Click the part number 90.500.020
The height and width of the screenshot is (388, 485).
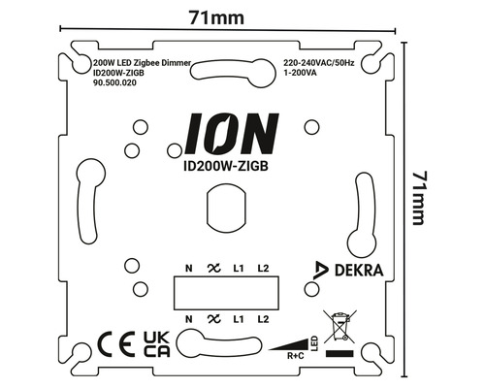107,84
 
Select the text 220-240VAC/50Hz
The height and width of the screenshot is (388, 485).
319,63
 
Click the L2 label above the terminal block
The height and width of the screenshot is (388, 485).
263,268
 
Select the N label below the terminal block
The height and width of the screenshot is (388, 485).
187,317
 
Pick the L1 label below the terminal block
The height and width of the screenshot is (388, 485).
238,317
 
